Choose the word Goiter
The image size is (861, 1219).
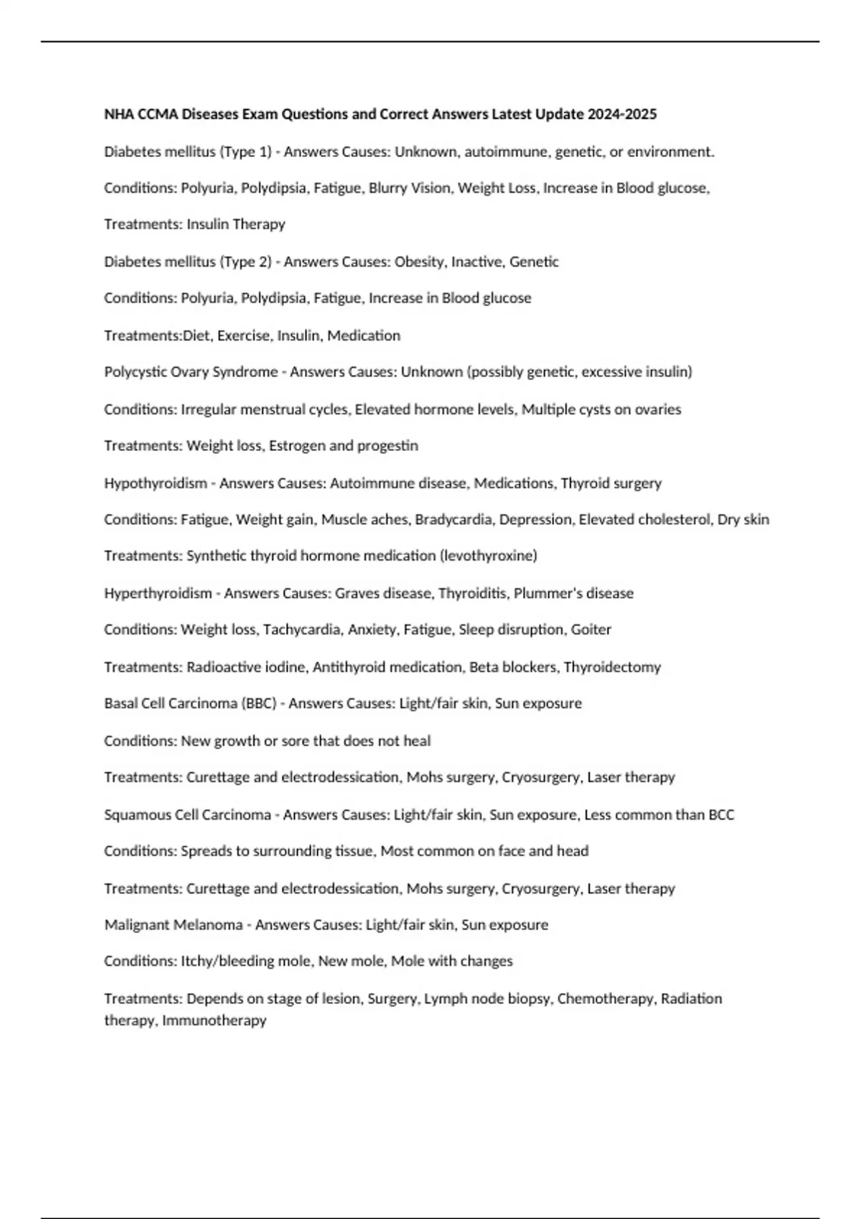(x=591, y=630)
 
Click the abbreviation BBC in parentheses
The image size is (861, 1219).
(x=260, y=703)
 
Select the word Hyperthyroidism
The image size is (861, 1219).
(x=158, y=593)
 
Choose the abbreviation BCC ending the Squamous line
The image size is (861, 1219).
(x=721, y=815)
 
